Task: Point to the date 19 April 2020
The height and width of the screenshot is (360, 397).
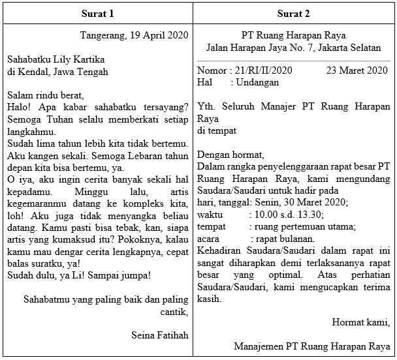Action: pos(159,35)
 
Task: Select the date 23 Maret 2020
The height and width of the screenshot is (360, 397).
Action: pos(357,70)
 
